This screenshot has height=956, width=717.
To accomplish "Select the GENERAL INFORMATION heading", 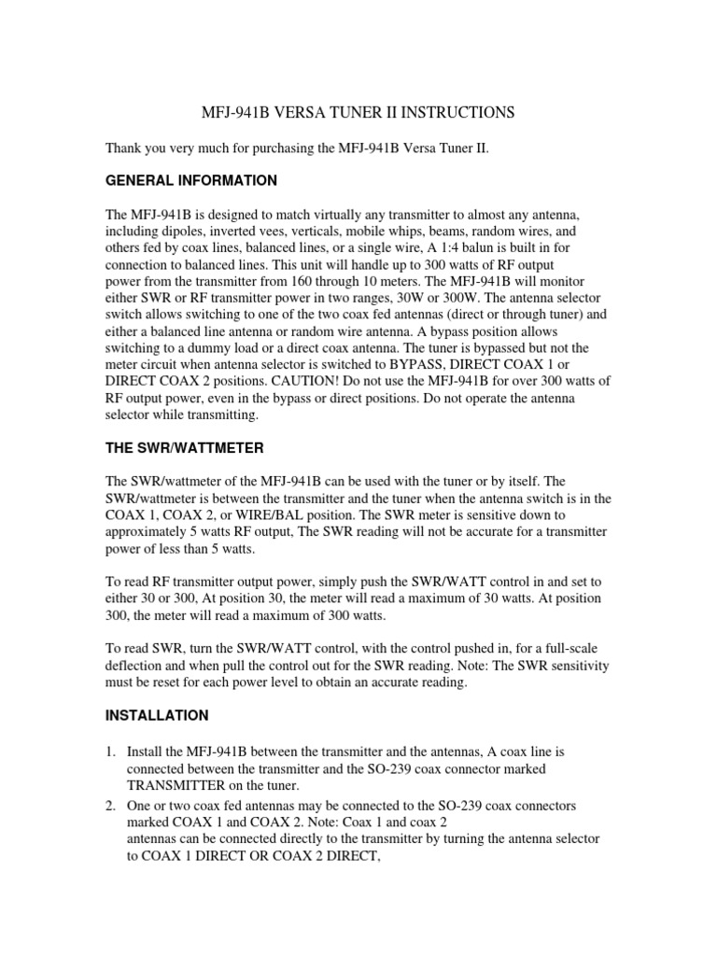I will click(191, 180).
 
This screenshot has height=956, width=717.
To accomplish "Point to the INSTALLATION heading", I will click(157, 716).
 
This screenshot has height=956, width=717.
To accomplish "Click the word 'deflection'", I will click(135, 666).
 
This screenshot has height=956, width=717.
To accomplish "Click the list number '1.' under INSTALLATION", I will click(111, 751).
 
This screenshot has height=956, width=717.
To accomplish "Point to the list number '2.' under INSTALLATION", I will click(111, 805).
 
